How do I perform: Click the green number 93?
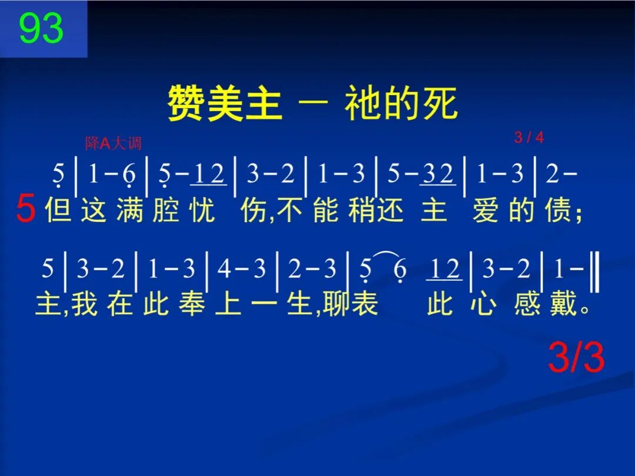[41, 29]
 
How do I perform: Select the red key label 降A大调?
[113, 143]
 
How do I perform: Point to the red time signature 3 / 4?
[529, 138]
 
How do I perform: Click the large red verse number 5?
[25, 210]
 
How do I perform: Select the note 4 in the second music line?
[224, 270]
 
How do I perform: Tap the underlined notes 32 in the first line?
[437, 174]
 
